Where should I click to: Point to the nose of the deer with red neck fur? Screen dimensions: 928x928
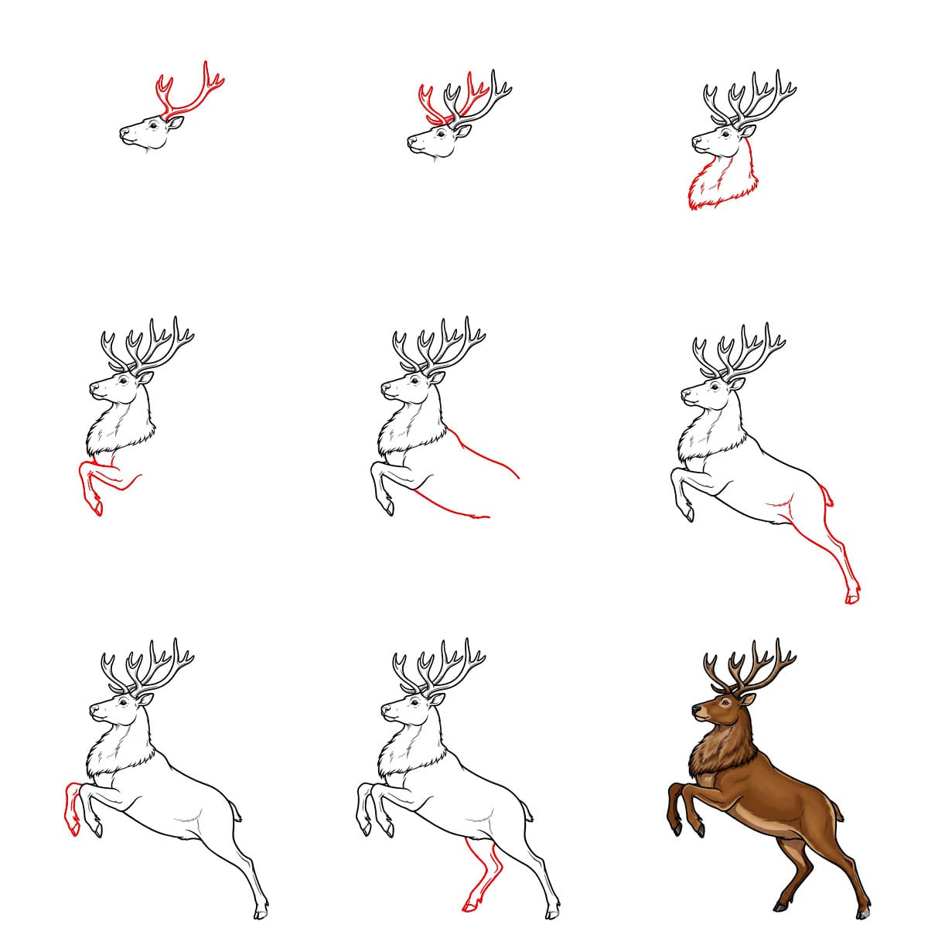(694, 142)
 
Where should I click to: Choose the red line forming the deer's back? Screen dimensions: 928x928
(487, 456)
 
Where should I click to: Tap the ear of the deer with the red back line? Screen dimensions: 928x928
(438, 377)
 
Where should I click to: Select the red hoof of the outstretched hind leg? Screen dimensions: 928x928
(851, 598)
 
